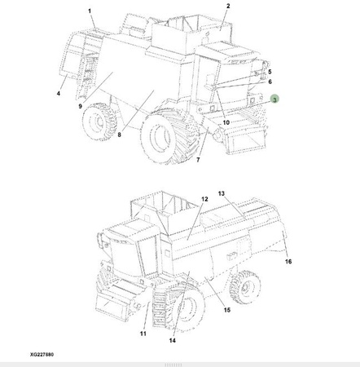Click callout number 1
point(90,11)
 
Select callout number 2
point(228,6)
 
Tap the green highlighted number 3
point(274,99)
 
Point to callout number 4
point(59,94)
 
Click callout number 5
point(270,72)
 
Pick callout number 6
point(270,82)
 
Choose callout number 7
point(198,160)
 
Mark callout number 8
point(120,135)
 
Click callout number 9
point(80,106)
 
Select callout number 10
point(226,122)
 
